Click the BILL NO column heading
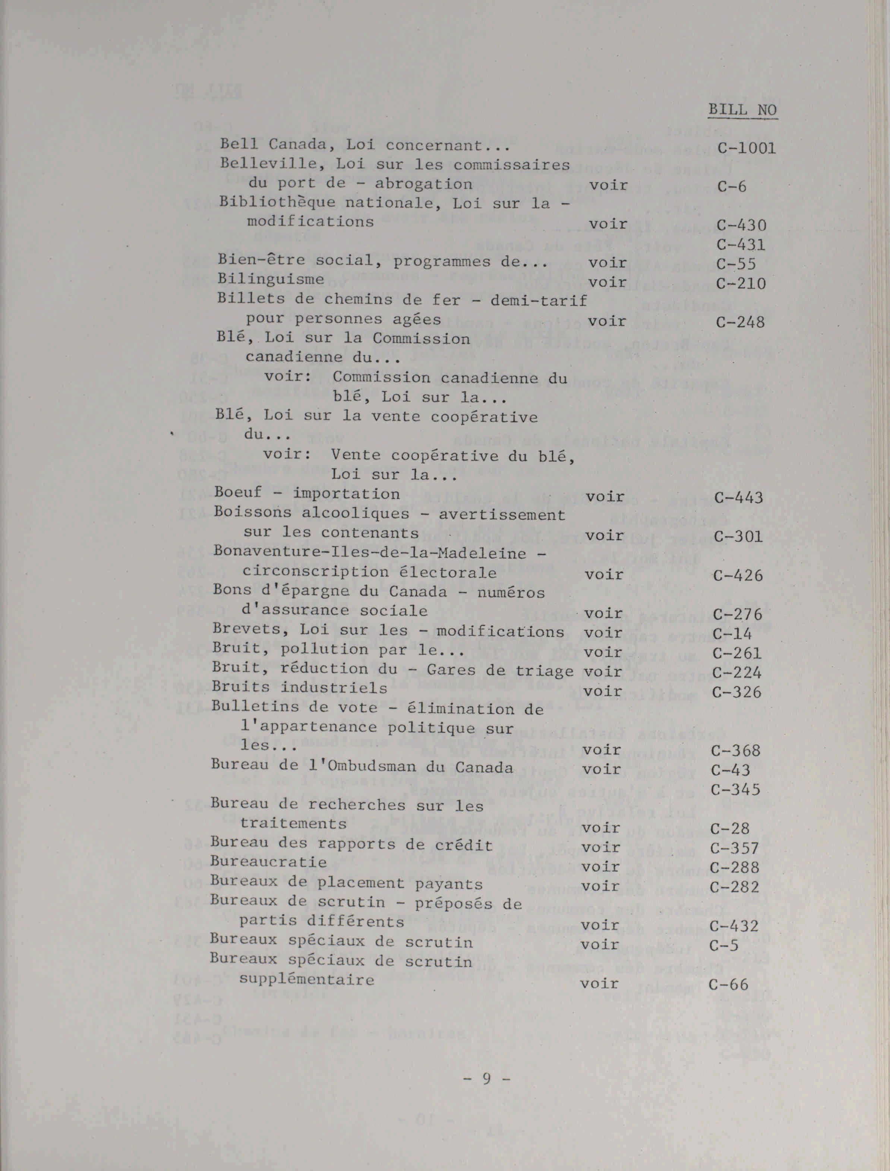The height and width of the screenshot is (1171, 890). point(742,110)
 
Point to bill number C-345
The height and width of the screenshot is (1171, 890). point(735,789)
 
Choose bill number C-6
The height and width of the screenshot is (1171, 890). point(732,186)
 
